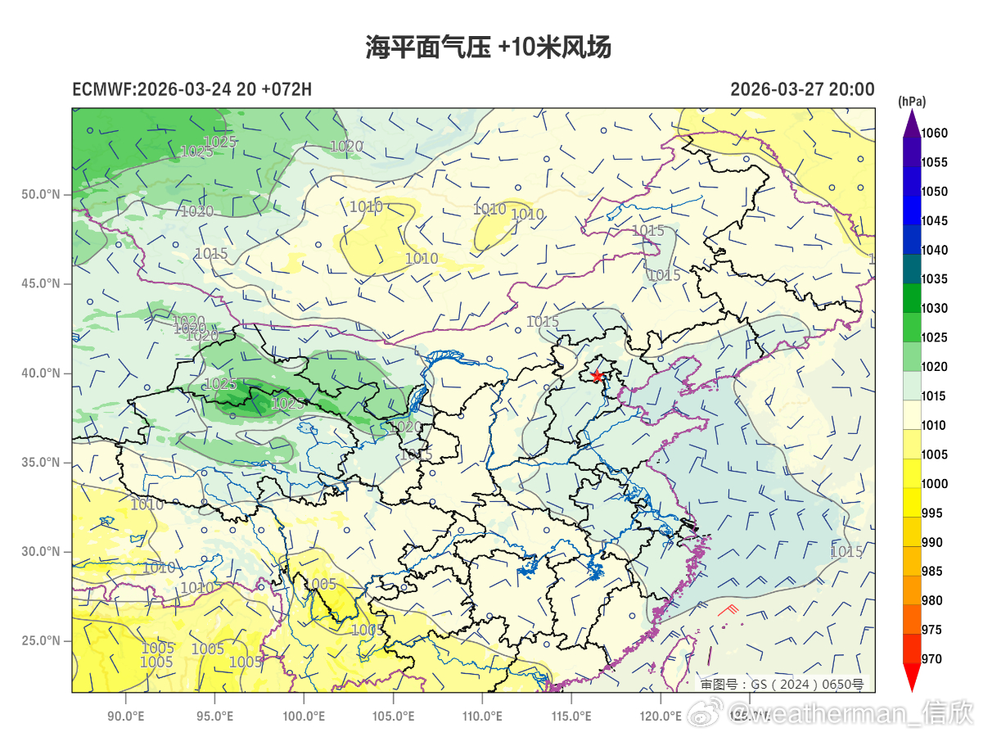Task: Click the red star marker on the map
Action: pyautogui.click(x=597, y=376)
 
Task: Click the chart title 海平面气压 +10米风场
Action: pyautogui.click(x=488, y=47)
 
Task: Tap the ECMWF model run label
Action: pyautogui.click(x=192, y=89)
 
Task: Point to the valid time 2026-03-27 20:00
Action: pyautogui.click(x=802, y=89)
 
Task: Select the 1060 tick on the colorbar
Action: pyautogui.click(x=934, y=133)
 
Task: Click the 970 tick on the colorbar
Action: pyautogui.click(x=931, y=659)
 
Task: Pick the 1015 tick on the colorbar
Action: pyautogui.click(x=934, y=396)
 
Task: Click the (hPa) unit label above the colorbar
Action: pyautogui.click(x=912, y=102)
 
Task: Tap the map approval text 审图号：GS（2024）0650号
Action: pyautogui.click(x=782, y=684)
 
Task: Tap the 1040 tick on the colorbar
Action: pyautogui.click(x=934, y=251)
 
